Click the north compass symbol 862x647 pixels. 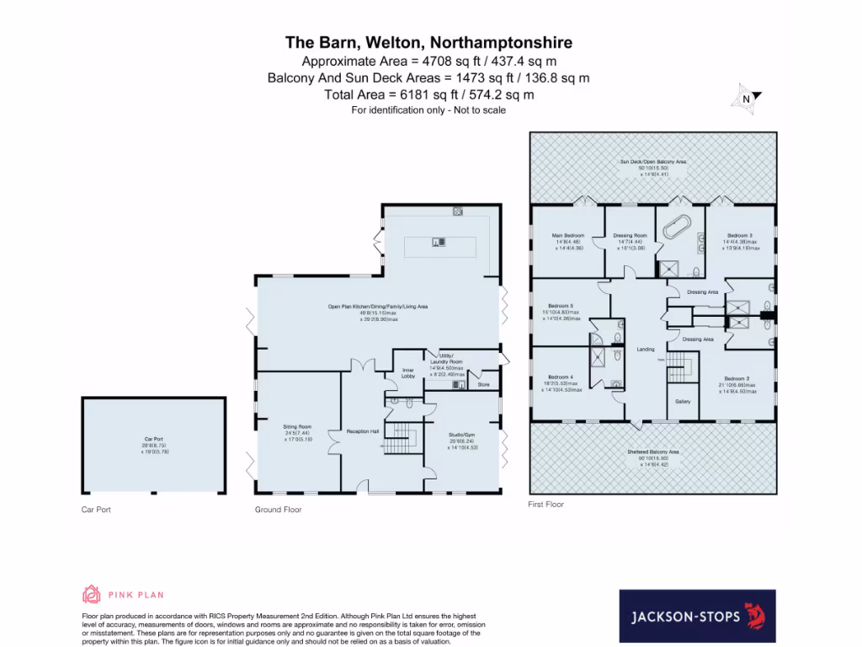point(746,99)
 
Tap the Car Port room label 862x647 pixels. point(152,439)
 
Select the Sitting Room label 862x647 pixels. point(297,427)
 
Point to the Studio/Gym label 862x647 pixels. point(463,435)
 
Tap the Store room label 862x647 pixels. point(483,384)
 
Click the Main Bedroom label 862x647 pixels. point(568,235)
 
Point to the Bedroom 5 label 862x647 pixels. point(561,306)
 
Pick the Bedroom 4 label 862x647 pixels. point(561,377)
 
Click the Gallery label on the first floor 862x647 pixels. point(683,401)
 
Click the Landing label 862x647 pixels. point(646,349)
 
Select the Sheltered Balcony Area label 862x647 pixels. point(653,452)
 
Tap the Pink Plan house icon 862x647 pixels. point(90,595)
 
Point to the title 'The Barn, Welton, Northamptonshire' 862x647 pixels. point(429,42)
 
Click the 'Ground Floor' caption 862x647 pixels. point(278,510)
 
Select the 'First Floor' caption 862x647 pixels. point(545,504)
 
